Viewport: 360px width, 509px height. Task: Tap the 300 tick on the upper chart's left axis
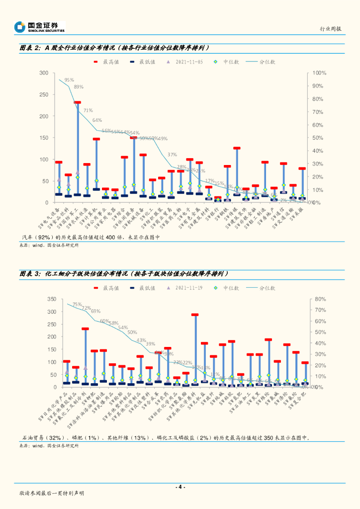point(44,73)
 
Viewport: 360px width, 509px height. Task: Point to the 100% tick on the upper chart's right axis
point(319,73)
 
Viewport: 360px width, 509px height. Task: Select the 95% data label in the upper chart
point(69,80)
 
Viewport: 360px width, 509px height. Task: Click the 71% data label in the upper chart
point(88,110)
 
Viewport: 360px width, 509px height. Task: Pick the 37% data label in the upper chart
point(172,155)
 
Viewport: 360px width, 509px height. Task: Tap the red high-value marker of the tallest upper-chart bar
point(78,103)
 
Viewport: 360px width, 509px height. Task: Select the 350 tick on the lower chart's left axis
point(51,299)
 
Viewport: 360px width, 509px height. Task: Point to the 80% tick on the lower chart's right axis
point(320,299)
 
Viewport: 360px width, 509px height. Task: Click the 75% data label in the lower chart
point(77,305)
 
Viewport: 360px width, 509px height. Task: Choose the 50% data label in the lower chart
point(132,333)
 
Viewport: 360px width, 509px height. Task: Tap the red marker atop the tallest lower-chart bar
point(195,315)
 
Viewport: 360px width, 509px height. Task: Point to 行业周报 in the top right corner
point(331,29)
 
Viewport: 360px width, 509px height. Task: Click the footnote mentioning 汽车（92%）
point(90,238)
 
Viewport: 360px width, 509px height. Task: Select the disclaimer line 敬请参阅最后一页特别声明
point(51,493)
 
